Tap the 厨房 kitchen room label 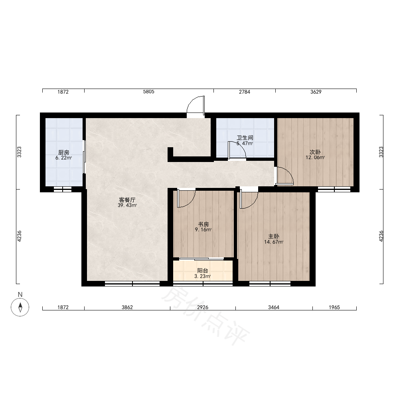point(63,153)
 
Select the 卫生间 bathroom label point(245,138)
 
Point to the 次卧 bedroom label point(315,152)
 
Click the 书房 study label point(203,224)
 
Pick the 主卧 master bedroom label point(274,237)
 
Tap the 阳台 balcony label point(203,271)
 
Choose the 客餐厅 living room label point(127,200)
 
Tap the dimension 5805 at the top point(148,92)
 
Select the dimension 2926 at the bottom point(203,307)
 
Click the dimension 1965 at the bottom point(334,307)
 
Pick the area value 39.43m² point(127,205)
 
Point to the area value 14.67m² point(274,242)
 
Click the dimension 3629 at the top point(316,92)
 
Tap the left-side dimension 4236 point(19,236)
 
